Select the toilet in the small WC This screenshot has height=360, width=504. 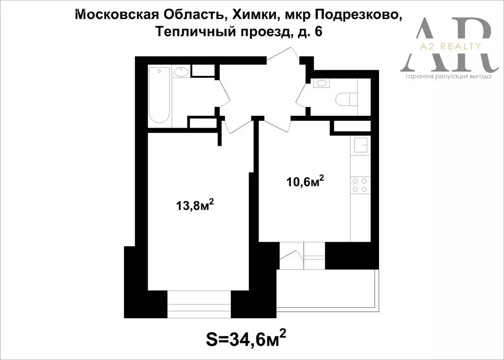(346, 99)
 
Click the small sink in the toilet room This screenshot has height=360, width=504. (323, 83)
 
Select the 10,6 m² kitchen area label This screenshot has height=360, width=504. (305, 182)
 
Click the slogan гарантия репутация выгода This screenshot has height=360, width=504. (448, 77)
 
